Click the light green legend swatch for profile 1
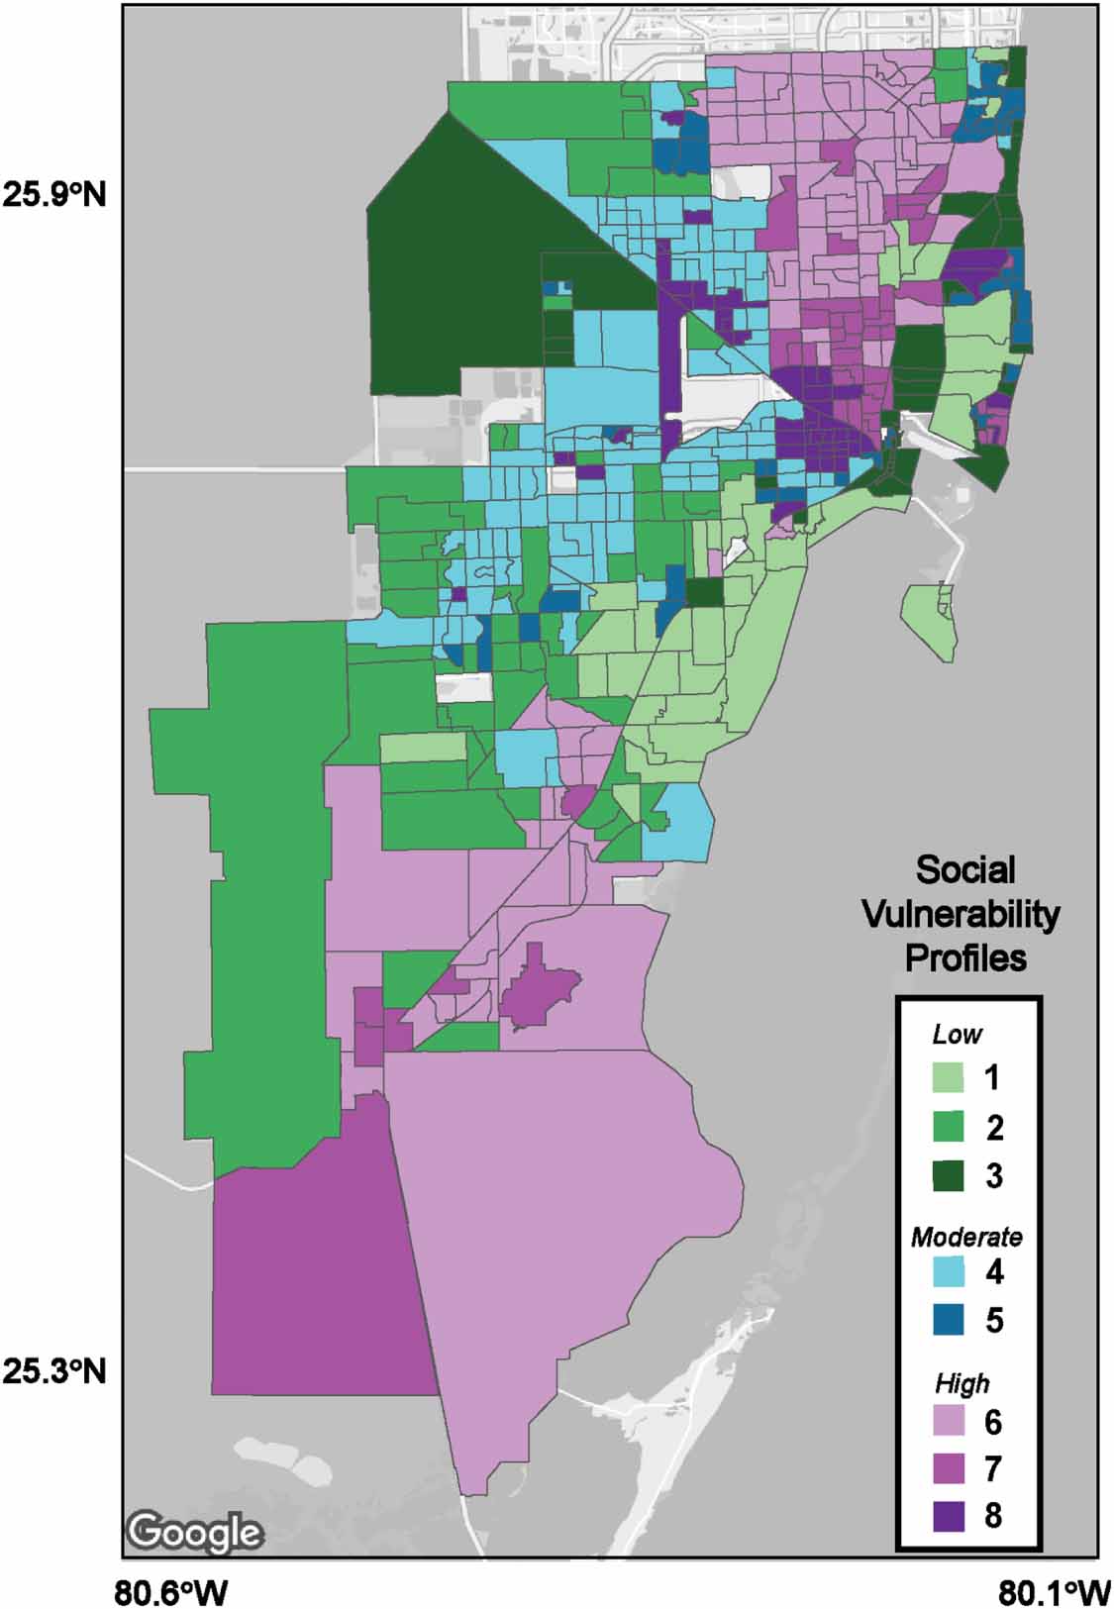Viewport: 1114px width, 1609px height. click(x=950, y=1077)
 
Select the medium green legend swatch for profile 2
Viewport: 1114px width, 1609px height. click(x=950, y=1126)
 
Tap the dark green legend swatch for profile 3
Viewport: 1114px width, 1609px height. click(x=950, y=1175)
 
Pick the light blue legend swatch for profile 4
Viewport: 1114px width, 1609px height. click(x=950, y=1271)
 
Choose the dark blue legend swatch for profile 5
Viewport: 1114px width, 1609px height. click(x=950, y=1320)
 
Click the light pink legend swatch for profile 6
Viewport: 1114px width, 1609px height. click(x=950, y=1421)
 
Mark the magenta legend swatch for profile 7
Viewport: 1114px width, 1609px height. click(x=950, y=1468)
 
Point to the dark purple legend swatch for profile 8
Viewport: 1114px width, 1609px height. click(x=950, y=1516)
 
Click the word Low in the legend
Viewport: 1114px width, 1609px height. click(x=957, y=1035)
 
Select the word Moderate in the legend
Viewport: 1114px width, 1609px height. click(x=966, y=1237)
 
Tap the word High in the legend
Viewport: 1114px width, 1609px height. click(x=962, y=1383)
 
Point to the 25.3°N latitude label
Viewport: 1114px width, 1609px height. click(x=54, y=1371)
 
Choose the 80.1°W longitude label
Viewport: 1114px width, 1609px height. click(x=1055, y=1594)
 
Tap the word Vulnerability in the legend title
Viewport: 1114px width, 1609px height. click(x=961, y=914)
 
